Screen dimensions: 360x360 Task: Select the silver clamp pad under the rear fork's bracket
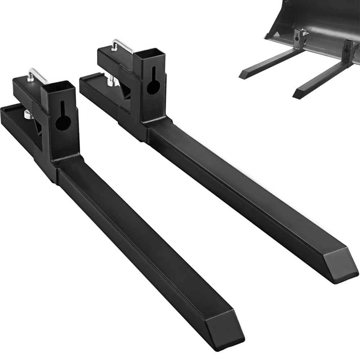[x=111, y=82]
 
